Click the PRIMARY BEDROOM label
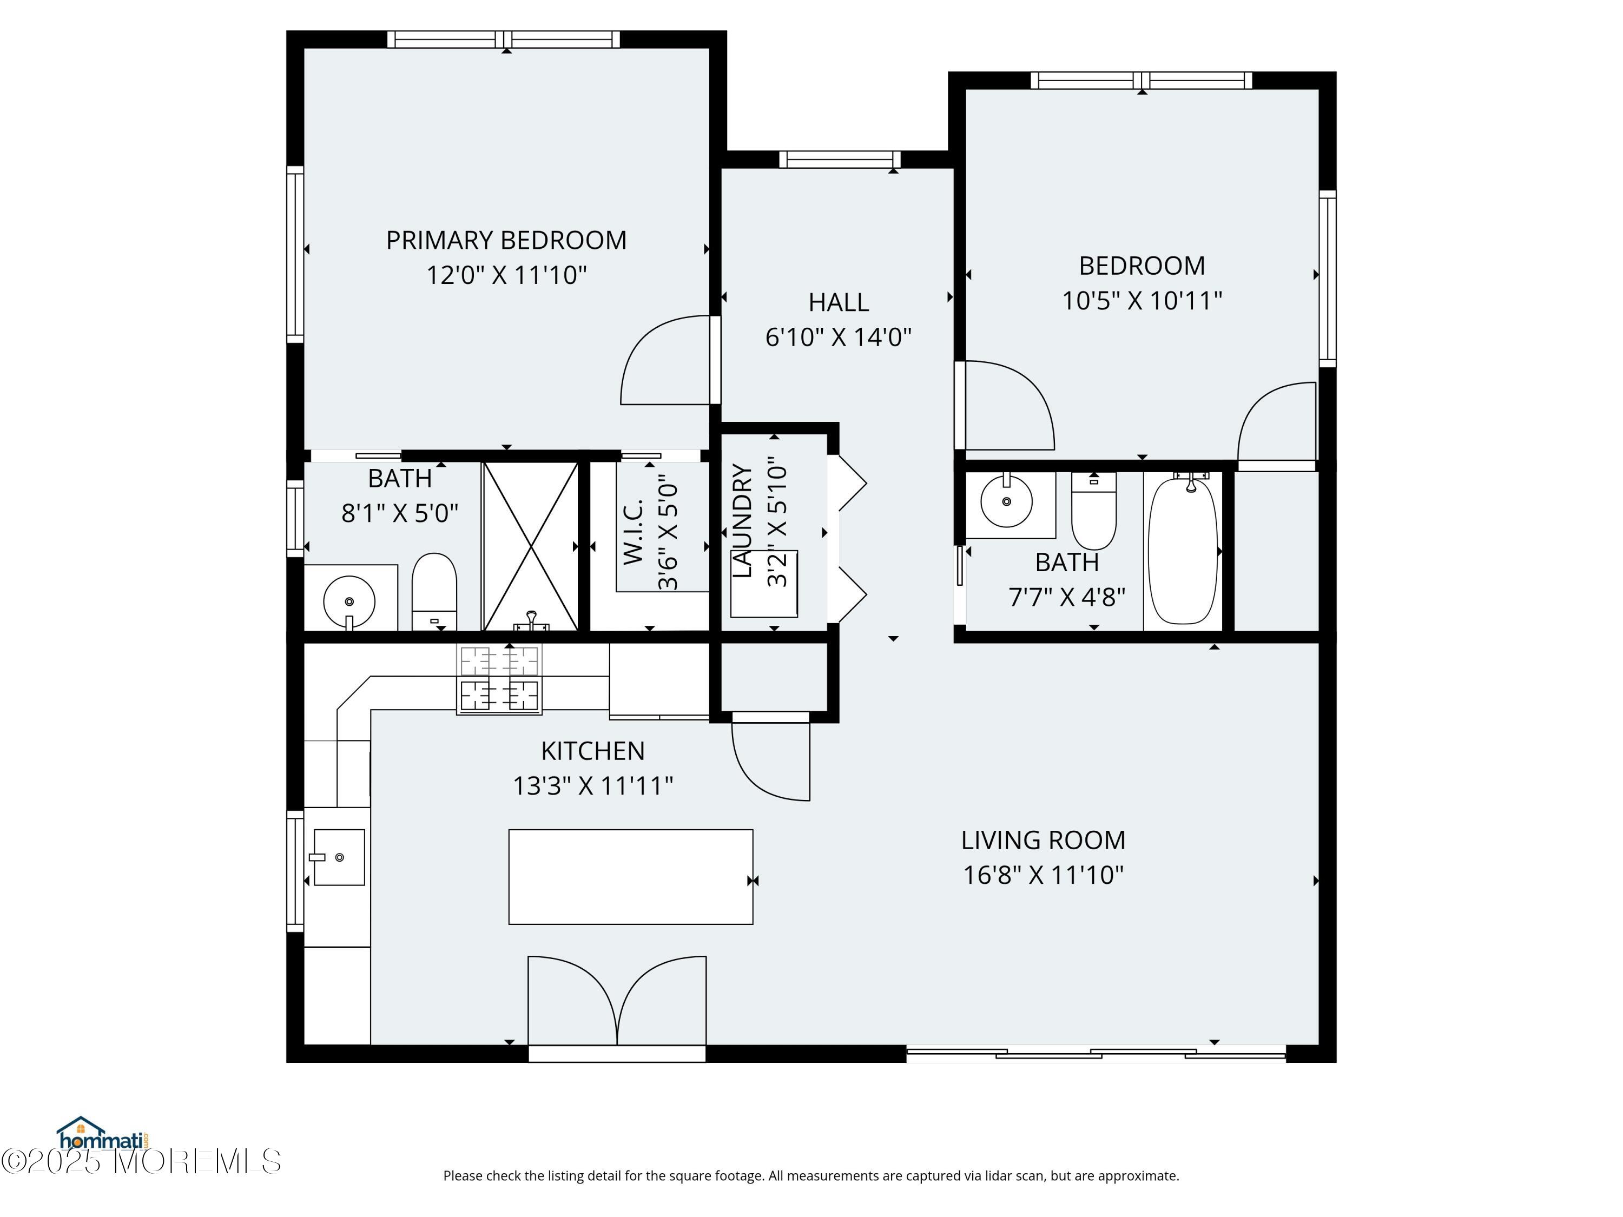506,241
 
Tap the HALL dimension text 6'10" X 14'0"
839,337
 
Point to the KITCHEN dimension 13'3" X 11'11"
593,786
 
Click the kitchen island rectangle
631,877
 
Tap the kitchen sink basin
339,857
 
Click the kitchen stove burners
499,679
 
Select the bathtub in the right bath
1183,551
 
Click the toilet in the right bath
1094,511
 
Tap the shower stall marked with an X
531,546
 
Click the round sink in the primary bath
349,601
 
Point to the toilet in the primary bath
434,591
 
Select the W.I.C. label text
632,532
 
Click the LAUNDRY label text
743,521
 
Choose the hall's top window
840,159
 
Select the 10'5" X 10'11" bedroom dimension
1143,300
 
